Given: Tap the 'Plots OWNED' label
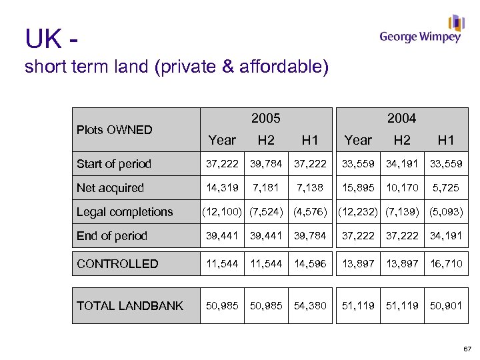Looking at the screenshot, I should pyautogui.click(x=114, y=129).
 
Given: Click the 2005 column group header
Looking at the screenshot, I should pyautogui.click(x=265, y=119).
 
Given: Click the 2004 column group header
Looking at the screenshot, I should pyautogui.click(x=401, y=119).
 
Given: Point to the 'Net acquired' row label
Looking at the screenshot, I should pyautogui.click(x=110, y=188).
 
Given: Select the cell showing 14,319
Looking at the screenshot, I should pyautogui.click(x=222, y=188).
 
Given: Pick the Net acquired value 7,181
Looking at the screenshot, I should pyautogui.click(x=265, y=188).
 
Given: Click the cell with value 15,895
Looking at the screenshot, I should pyautogui.click(x=358, y=188).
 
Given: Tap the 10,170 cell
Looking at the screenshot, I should pyautogui.click(x=402, y=188).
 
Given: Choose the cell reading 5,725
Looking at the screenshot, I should pyautogui.click(x=445, y=188).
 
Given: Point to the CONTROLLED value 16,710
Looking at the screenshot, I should pyautogui.click(x=445, y=264).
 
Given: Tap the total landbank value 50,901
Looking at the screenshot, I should pyautogui.click(x=445, y=306).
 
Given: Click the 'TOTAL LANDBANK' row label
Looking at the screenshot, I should pyautogui.click(x=129, y=306).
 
